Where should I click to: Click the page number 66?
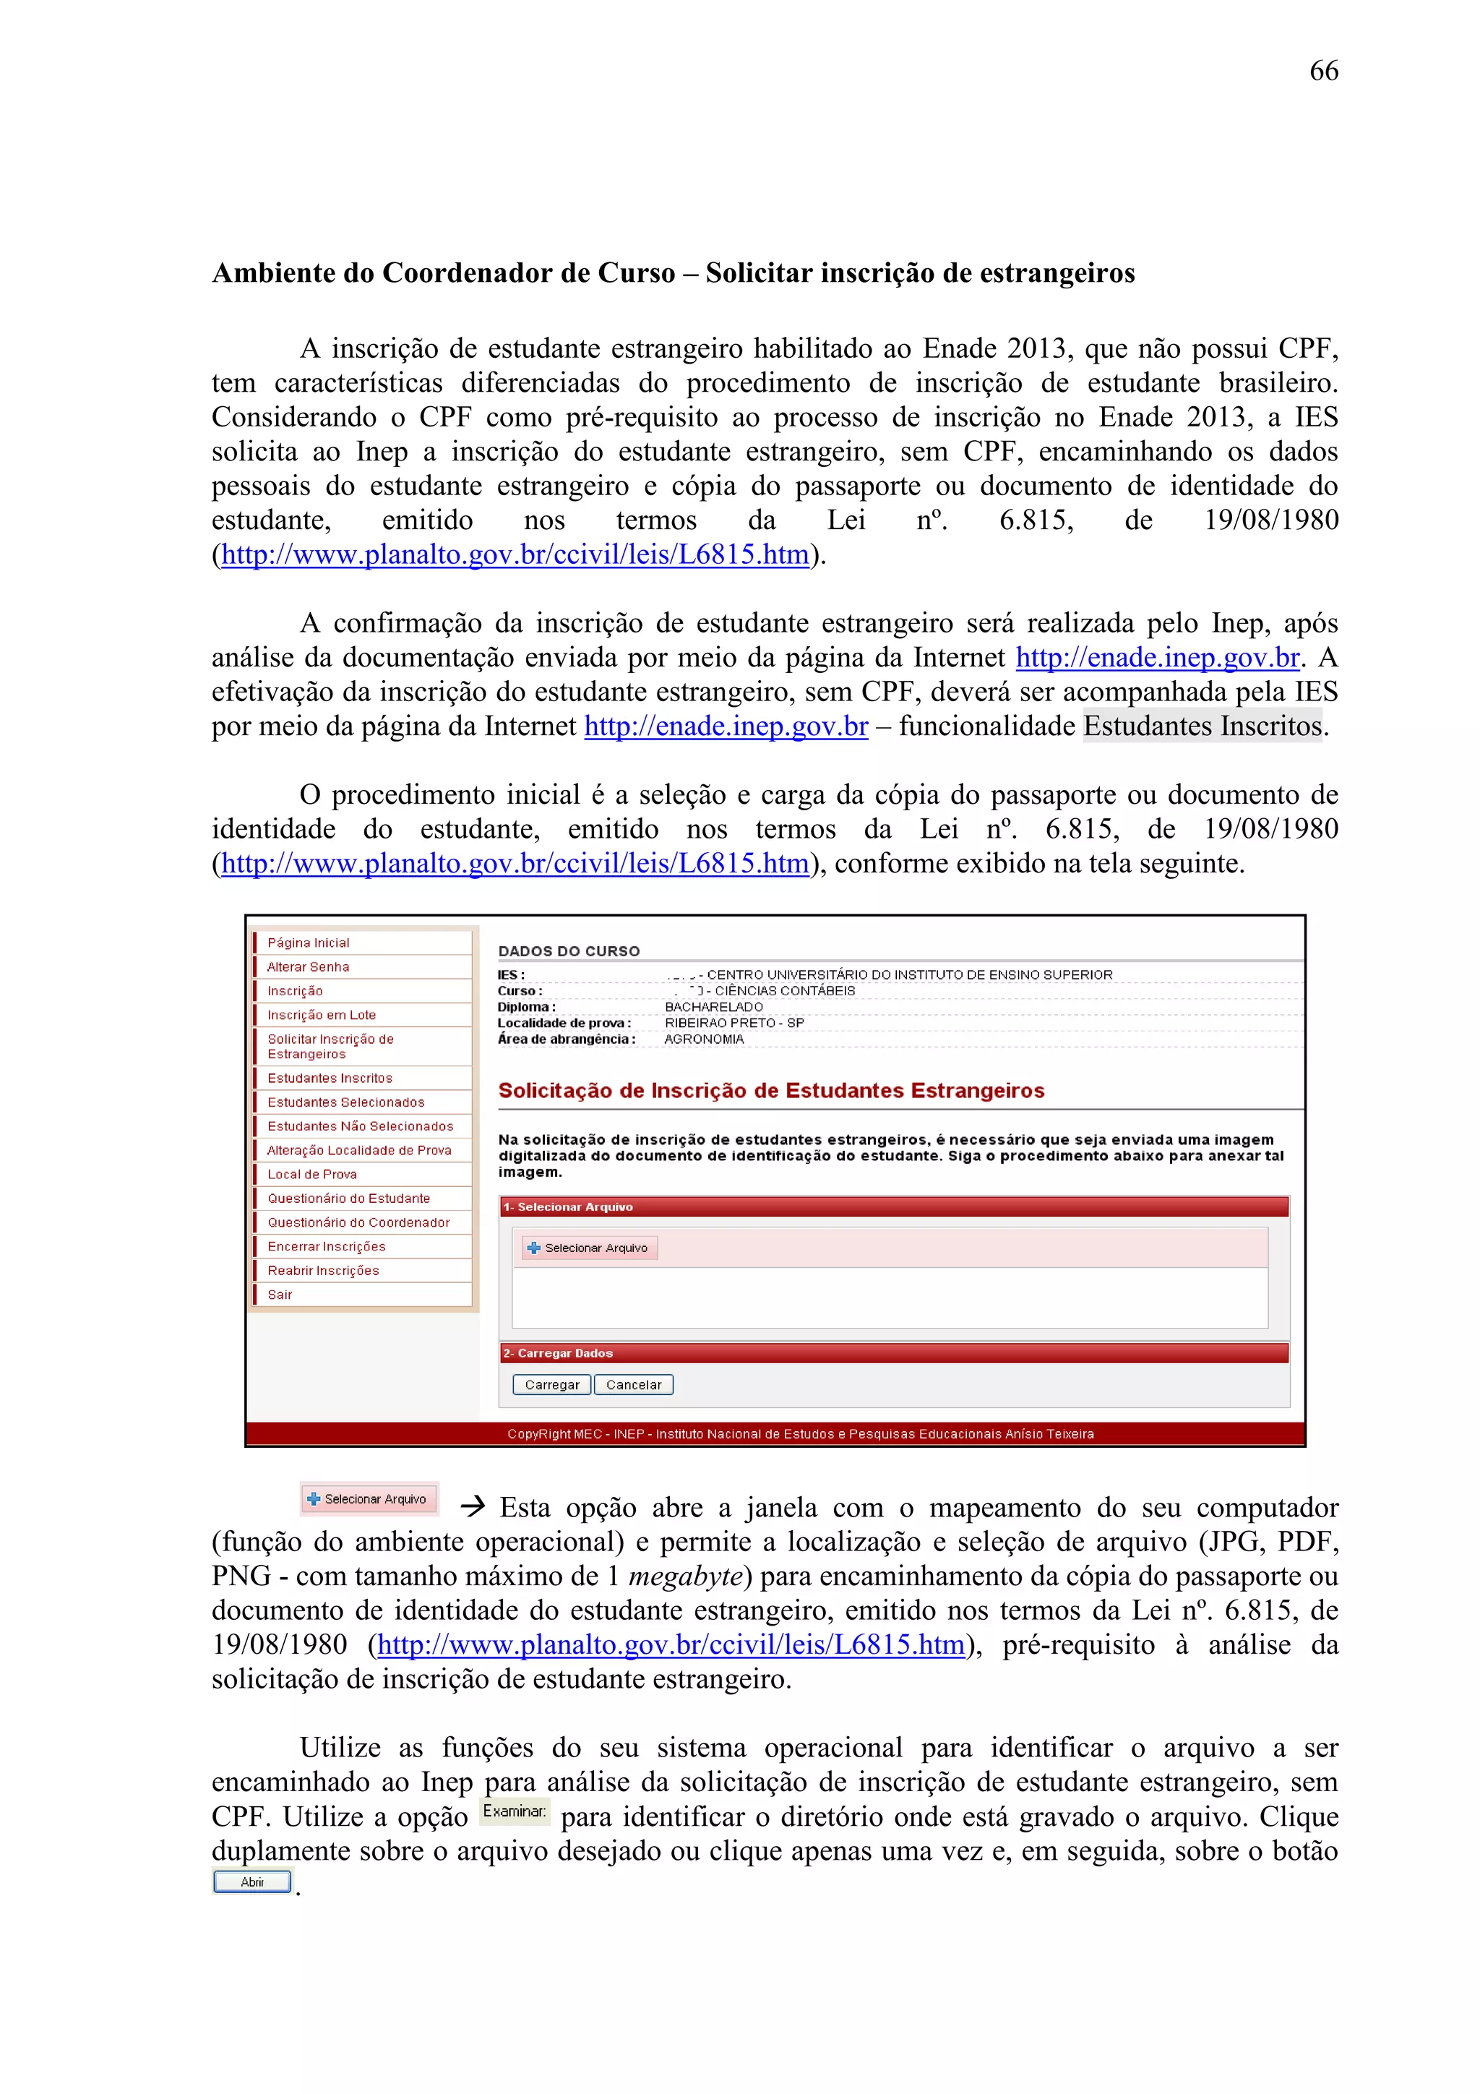tap(1323, 71)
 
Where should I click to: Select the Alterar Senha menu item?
tap(309, 966)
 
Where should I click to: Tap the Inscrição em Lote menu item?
tap(321, 1014)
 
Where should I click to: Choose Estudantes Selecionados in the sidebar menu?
tap(345, 1102)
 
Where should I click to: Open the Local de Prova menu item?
tap(312, 1174)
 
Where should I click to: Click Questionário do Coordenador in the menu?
tap(358, 1222)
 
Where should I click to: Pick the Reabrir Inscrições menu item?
tap(323, 1271)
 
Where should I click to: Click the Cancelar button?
tap(634, 1384)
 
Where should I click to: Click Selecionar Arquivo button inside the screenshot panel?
tap(589, 1248)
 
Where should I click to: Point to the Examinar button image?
tap(515, 1811)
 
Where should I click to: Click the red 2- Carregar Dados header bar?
tap(894, 1352)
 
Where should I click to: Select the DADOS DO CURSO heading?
tap(568, 951)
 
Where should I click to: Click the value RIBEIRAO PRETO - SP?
tap(734, 1022)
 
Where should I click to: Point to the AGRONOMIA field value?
tap(704, 1039)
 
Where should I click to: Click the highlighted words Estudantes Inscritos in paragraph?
tap(1201, 726)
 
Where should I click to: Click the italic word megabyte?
tap(686, 1576)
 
